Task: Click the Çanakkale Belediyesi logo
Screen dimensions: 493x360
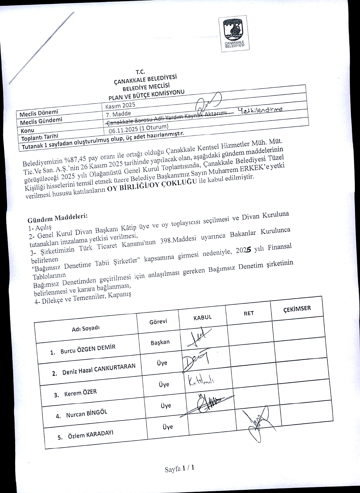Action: pyautogui.click(x=234, y=34)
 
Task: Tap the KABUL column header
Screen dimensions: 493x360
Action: pyautogui.click(x=202, y=317)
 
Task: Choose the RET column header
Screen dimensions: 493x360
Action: pyautogui.click(x=249, y=313)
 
